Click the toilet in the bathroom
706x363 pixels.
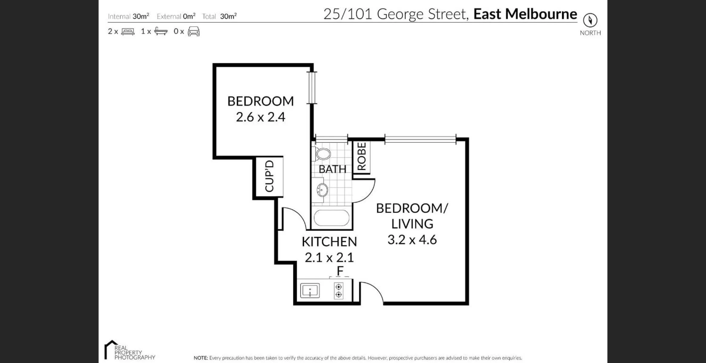pos(323,154)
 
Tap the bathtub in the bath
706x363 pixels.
pos(332,218)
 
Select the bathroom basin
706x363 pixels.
pos(322,190)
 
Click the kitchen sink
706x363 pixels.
pos(310,291)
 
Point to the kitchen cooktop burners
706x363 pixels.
pos(338,290)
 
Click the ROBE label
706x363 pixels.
pos(362,157)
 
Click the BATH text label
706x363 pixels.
pos(332,169)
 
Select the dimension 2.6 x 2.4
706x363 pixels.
pos(260,117)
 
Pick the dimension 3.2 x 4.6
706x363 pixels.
pos(412,240)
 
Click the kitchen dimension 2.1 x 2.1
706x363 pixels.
pos(329,257)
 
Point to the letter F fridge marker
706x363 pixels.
pos(340,271)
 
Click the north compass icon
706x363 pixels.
pos(590,20)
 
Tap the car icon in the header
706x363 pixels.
pos(194,31)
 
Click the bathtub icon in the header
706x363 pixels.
pos(161,31)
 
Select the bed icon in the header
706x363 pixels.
pos(128,31)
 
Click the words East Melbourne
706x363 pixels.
pos(525,14)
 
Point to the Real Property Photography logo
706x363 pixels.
pos(129,351)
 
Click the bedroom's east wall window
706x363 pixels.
pos(312,88)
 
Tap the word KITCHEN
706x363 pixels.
pos(329,242)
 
